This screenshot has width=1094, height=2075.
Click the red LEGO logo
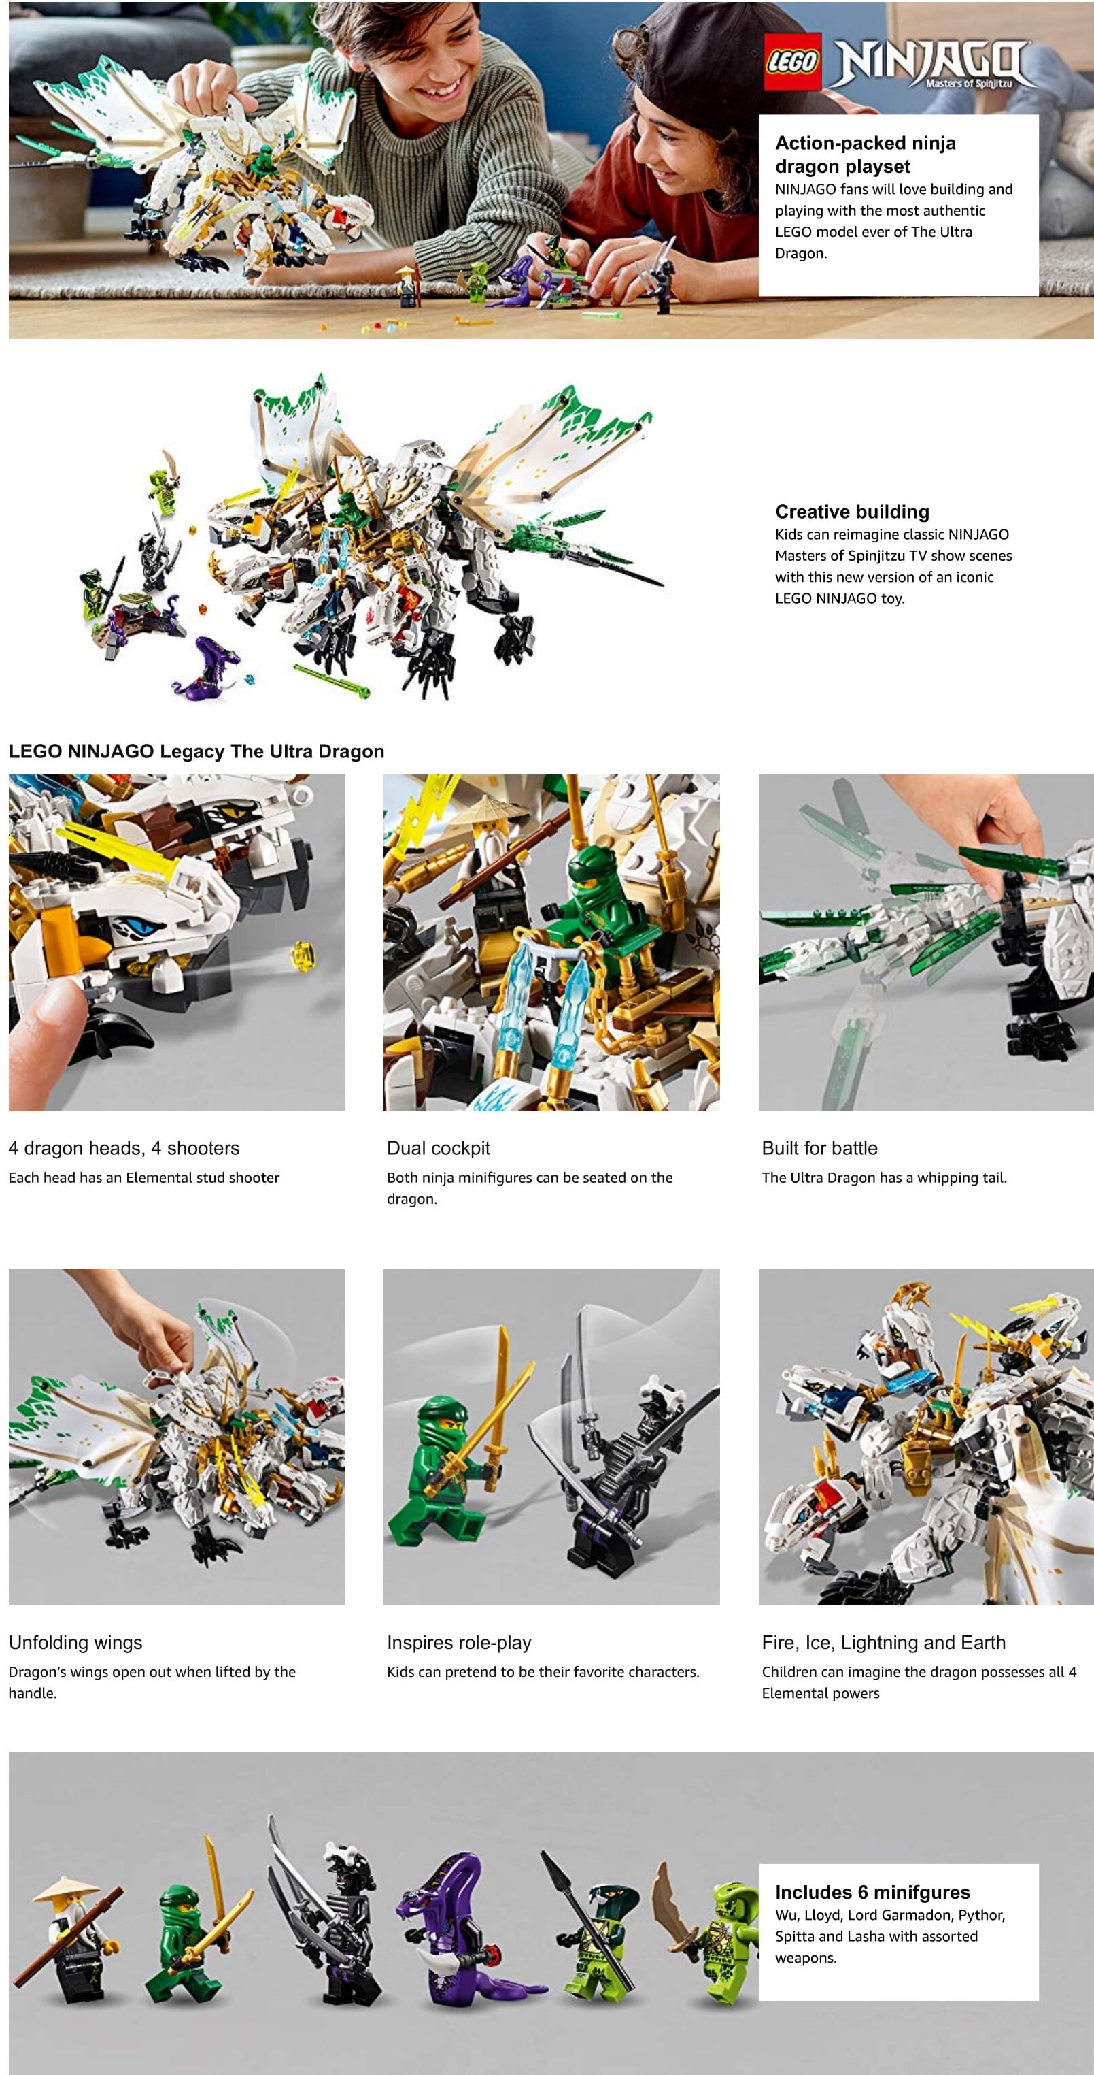pyautogui.click(x=792, y=61)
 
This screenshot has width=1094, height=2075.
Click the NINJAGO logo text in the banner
pyautogui.click(x=929, y=63)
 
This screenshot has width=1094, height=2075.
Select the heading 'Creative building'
pyautogui.click(x=852, y=512)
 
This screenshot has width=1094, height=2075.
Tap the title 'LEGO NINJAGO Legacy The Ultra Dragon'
pyautogui.click(x=196, y=751)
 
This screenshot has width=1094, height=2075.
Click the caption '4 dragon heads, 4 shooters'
pyautogui.click(x=124, y=1148)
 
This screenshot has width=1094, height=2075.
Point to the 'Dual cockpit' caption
pyautogui.click(x=438, y=1148)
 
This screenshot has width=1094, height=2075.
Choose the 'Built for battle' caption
pyautogui.click(x=819, y=1148)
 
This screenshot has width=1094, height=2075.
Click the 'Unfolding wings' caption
pyautogui.click(x=75, y=1642)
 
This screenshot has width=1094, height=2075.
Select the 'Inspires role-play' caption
pyautogui.click(x=459, y=1642)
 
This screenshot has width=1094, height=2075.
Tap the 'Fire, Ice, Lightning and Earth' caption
pyautogui.click(x=883, y=1642)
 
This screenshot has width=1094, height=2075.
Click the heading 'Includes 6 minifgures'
pyautogui.click(x=872, y=1892)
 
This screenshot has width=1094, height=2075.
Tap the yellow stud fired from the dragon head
pyautogui.click(x=303, y=955)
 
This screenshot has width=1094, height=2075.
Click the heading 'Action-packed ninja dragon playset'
pyautogui.click(x=866, y=154)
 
